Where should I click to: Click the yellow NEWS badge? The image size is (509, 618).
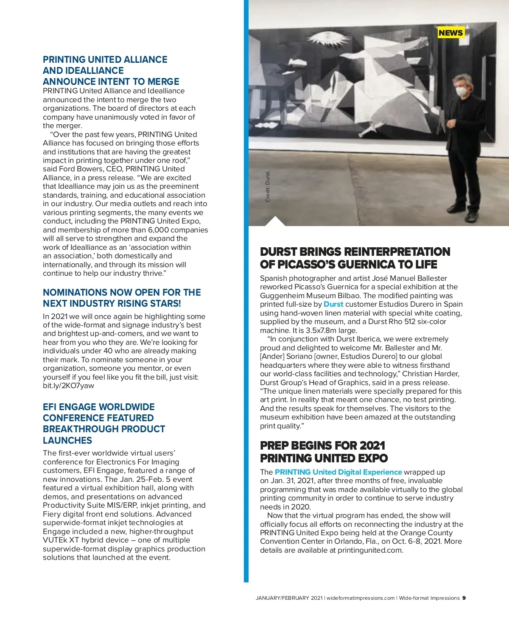[x=450, y=33]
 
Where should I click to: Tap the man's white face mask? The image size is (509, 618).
[x=461, y=91]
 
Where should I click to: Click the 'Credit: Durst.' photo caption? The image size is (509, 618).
[x=268, y=186]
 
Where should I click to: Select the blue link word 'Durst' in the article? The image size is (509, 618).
[x=333, y=304]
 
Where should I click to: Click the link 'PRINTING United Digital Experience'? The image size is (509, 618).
[x=338, y=472]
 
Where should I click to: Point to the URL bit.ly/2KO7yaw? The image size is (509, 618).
[x=68, y=386]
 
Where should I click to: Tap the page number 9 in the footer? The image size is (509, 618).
[x=464, y=598]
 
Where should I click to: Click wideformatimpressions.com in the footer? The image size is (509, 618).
[x=361, y=598]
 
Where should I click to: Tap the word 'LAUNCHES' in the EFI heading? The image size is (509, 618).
[x=67, y=440]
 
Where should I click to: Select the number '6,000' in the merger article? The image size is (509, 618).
[x=158, y=230]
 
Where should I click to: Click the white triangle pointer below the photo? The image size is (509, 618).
[x=274, y=221]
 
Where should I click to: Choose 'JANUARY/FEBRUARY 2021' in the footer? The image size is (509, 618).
[x=289, y=598]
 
